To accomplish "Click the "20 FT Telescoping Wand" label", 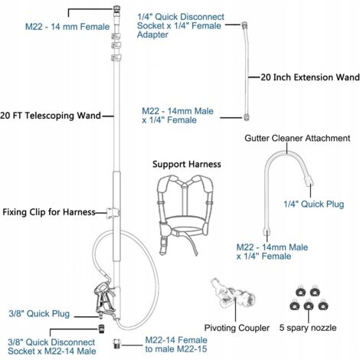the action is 51,116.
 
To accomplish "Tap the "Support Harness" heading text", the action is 187,164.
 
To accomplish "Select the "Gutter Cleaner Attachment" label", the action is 297,138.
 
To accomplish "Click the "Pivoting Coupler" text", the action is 237,328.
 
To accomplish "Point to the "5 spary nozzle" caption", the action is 308,328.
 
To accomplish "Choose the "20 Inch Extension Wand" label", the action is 310,77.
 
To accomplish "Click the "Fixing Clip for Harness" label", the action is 49,212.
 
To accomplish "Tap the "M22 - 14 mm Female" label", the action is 67,27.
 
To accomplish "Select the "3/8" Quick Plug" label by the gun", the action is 39,313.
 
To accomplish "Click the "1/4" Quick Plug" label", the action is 313,204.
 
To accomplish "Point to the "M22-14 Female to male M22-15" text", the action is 176,345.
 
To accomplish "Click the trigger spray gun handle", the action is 104,298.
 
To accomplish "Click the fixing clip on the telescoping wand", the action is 113,213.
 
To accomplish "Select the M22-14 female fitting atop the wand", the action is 116,9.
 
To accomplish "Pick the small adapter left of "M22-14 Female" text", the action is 116,343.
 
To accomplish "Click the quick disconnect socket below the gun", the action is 102,329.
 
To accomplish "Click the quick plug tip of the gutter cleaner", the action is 309,181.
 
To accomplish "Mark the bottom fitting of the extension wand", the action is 247,117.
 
